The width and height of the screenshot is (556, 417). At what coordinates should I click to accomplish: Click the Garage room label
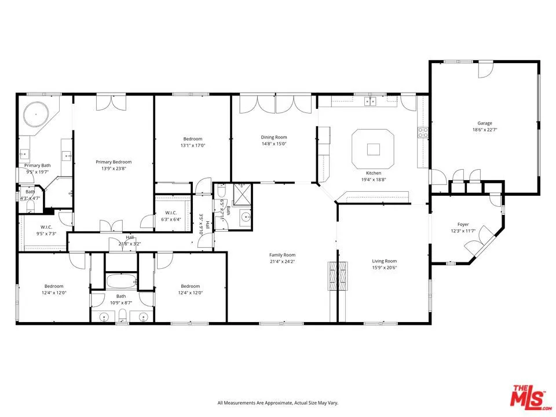coord(484,123)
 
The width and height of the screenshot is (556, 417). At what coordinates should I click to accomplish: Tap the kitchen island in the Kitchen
coord(374,148)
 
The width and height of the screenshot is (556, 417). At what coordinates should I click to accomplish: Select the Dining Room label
coord(273,137)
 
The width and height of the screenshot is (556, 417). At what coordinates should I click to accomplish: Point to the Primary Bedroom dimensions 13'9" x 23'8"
coord(114,169)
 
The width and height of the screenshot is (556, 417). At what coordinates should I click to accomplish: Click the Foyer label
coord(463,224)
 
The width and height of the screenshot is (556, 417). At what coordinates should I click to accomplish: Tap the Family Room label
coord(282,255)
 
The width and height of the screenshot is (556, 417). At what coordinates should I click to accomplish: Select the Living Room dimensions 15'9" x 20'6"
coord(384,268)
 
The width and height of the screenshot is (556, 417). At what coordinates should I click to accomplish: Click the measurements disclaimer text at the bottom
coord(277,403)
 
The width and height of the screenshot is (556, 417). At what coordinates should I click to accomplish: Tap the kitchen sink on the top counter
coord(370,102)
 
